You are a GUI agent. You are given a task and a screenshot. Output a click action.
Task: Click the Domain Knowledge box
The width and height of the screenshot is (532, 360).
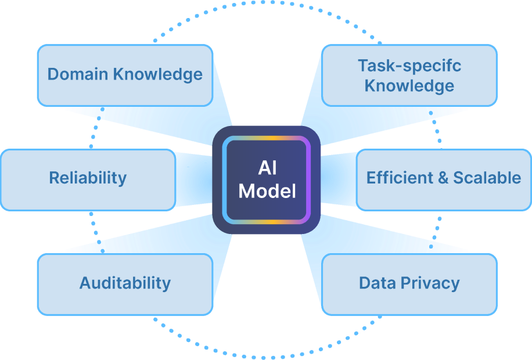125,75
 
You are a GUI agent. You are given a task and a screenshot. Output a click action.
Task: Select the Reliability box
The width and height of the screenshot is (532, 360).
88,180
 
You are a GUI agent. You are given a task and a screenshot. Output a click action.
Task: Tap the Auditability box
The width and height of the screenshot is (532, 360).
125,285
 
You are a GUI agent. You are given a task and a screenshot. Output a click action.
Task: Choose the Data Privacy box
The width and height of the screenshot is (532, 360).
409,285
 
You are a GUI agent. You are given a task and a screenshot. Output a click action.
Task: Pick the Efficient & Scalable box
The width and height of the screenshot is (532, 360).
444,180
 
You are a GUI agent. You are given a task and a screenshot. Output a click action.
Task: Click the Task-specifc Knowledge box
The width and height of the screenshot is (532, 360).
409,75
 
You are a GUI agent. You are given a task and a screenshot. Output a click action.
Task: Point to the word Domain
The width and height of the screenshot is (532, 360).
78,74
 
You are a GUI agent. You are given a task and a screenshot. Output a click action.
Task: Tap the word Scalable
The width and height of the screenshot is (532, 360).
487,178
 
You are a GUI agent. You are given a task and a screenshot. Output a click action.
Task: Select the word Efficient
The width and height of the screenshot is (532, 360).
400,178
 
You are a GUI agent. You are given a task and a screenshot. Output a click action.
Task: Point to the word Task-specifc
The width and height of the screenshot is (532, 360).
409,66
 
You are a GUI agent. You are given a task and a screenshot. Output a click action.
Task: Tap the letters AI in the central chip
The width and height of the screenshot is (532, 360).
267,168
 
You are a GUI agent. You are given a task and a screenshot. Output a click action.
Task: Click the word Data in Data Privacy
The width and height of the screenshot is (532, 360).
378,283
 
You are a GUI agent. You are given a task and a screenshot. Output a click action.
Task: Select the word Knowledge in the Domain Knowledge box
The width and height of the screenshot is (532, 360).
158,74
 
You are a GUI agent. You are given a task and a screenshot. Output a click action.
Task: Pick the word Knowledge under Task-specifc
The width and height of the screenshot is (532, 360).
409,85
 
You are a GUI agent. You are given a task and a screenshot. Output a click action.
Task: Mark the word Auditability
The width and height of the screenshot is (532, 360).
125,283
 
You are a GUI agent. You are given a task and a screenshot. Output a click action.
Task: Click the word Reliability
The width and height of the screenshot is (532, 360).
88,178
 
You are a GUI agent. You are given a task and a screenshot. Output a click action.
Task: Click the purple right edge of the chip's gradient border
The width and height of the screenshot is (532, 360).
308,180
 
